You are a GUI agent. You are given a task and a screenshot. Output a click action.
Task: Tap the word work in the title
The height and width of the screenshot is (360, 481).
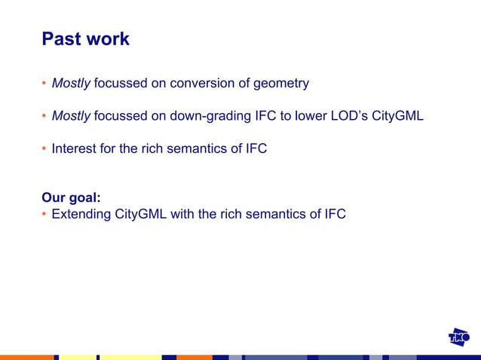coord(106,39)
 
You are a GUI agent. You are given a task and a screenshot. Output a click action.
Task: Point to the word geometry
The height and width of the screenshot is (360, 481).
coord(280,84)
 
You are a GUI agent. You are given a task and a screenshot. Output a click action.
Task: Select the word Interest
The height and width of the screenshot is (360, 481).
coord(74,148)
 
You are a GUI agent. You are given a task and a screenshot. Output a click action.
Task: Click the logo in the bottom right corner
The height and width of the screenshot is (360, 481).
coord(459,337)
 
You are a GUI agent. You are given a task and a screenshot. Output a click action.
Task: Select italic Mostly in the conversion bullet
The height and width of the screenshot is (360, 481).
coord(71,84)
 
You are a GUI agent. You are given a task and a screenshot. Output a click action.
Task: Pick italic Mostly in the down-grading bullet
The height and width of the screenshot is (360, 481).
coord(71,116)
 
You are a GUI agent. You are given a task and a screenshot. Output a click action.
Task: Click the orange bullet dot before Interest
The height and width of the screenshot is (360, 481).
coord(44,148)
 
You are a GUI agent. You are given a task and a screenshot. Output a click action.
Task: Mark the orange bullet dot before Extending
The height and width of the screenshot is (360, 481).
coord(44,215)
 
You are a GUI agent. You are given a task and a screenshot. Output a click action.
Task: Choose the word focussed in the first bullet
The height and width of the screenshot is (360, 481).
coord(121,84)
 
